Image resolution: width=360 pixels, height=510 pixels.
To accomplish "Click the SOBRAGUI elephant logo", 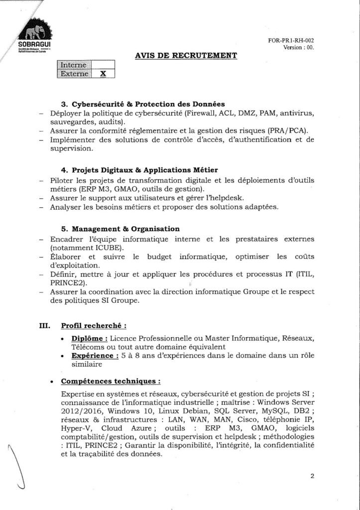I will click(37, 34).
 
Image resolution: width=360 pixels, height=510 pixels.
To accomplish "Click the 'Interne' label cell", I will click(73, 65).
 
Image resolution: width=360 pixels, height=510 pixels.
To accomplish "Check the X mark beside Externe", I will click(103, 74).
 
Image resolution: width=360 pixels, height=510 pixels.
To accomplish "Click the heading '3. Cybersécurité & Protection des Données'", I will click(143, 104).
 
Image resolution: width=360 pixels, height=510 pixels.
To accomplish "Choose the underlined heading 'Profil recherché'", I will click(93, 326).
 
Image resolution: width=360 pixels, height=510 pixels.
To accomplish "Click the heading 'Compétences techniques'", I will click(111, 382).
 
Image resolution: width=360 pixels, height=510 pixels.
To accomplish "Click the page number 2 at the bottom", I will click(312, 476).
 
